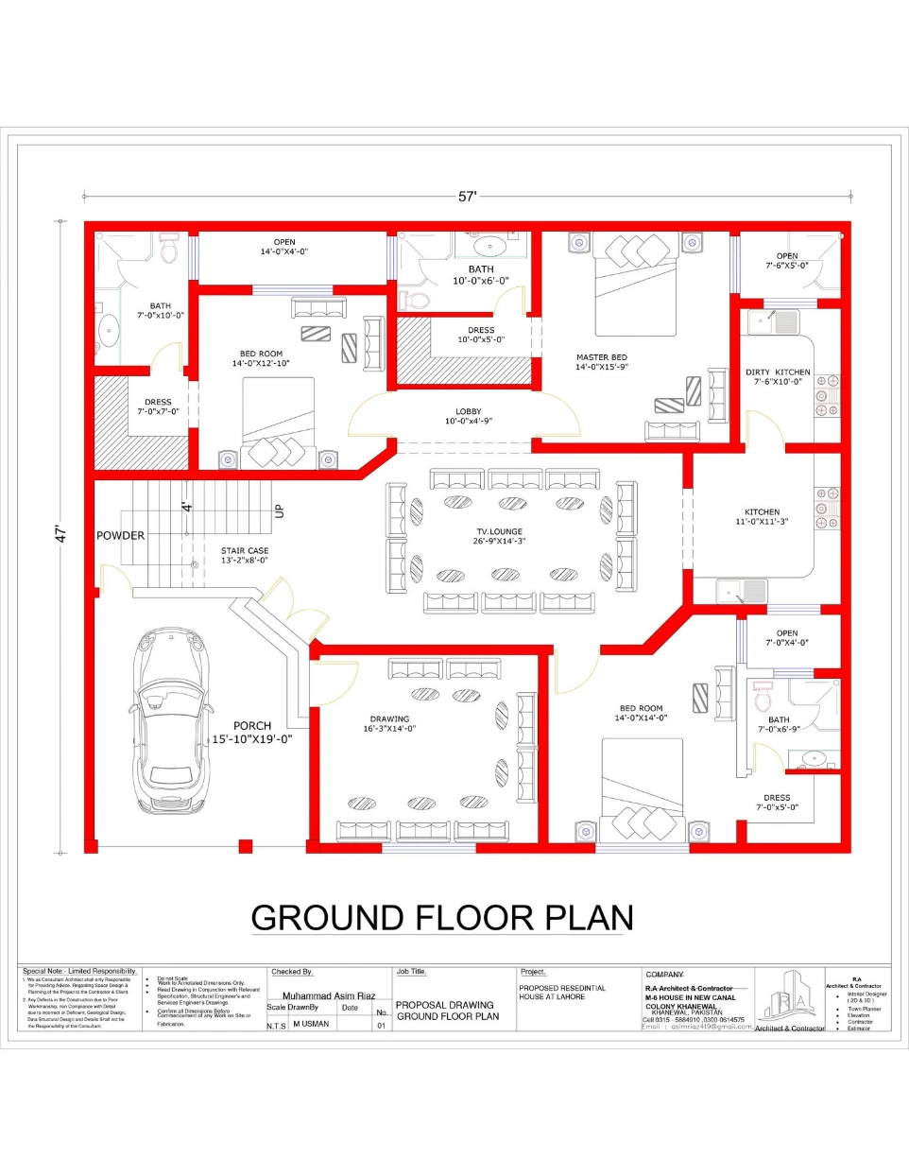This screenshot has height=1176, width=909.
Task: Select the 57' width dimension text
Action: pos(467,197)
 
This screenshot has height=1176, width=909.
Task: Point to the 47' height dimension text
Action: pos(61,534)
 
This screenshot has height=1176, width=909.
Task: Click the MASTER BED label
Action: pos(602,357)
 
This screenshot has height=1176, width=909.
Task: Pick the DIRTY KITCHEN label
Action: pos(778,372)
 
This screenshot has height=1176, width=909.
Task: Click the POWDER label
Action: pos(120,535)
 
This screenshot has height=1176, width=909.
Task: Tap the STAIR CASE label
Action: pos(245,550)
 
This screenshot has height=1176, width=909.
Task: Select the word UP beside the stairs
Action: pos(279,510)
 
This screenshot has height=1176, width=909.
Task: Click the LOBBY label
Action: pos(469,411)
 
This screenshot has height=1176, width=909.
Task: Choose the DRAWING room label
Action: pos(389,718)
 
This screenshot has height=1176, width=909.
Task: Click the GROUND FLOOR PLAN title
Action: pos(441,918)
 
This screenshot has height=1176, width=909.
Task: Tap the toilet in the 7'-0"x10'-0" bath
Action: pos(169,250)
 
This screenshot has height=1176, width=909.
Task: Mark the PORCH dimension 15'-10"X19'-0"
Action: pos(251,739)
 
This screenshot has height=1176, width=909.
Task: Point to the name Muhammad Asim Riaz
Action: pos(328,995)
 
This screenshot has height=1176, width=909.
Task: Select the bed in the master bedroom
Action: pos(635,284)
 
